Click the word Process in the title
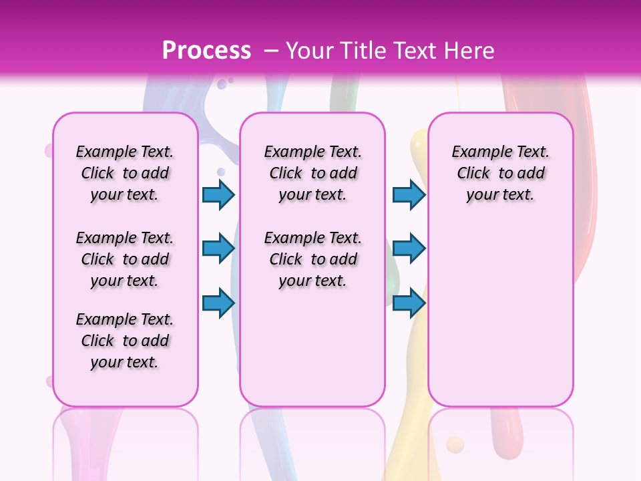(x=206, y=51)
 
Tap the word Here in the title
(x=468, y=51)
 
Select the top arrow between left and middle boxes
(x=218, y=194)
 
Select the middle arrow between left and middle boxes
(x=218, y=249)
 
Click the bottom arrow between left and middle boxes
(x=218, y=303)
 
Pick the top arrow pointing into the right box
(x=409, y=194)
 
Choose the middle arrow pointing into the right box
(x=409, y=249)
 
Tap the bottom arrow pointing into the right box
(x=409, y=303)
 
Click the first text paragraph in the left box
(x=125, y=173)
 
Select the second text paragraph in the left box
(x=125, y=259)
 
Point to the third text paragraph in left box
(x=125, y=341)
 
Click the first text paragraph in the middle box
(x=312, y=173)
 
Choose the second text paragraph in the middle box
(x=312, y=259)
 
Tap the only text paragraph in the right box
(x=500, y=173)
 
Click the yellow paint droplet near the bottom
(x=455, y=444)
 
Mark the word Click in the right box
(x=473, y=174)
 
